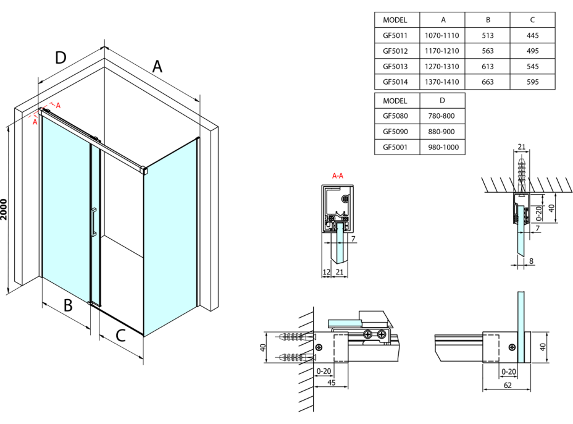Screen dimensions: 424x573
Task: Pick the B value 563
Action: click(487, 51)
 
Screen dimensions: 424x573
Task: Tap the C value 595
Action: click(532, 82)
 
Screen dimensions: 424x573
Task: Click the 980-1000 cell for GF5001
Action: click(442, 146)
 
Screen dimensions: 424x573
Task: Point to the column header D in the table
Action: click(442, 100)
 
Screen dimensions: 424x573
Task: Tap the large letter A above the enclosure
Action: click(157, 66)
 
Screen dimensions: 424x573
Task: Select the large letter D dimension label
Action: click(60, 57)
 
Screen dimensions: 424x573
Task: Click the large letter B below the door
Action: click(69, 305)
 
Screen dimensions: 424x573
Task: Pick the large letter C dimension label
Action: click(121, 336)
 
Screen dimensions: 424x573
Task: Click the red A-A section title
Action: click(338, 176)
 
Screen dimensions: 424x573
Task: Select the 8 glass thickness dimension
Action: click(531, 261)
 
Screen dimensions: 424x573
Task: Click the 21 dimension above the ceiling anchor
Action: click(521, 146)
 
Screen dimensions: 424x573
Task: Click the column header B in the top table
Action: click(487, 20)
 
